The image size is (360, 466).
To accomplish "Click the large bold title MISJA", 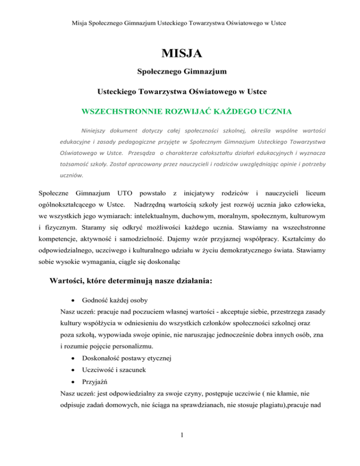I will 180,54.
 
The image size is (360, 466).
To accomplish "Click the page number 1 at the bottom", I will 180,443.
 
